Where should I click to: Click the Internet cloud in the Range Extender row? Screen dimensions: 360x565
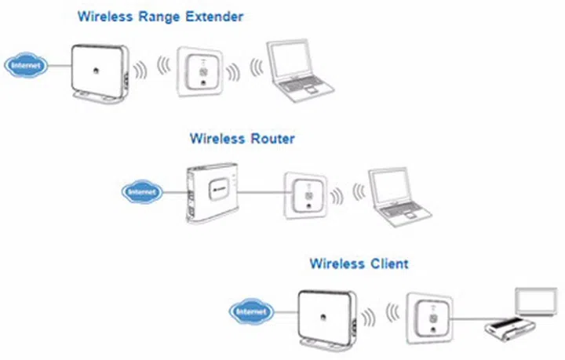tap(25, 66)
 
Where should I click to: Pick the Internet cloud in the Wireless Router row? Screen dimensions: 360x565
tap(142, 191)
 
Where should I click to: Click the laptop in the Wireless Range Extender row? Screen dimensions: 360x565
tap(297, 70)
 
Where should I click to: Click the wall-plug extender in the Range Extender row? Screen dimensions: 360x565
tap(202, 71)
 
